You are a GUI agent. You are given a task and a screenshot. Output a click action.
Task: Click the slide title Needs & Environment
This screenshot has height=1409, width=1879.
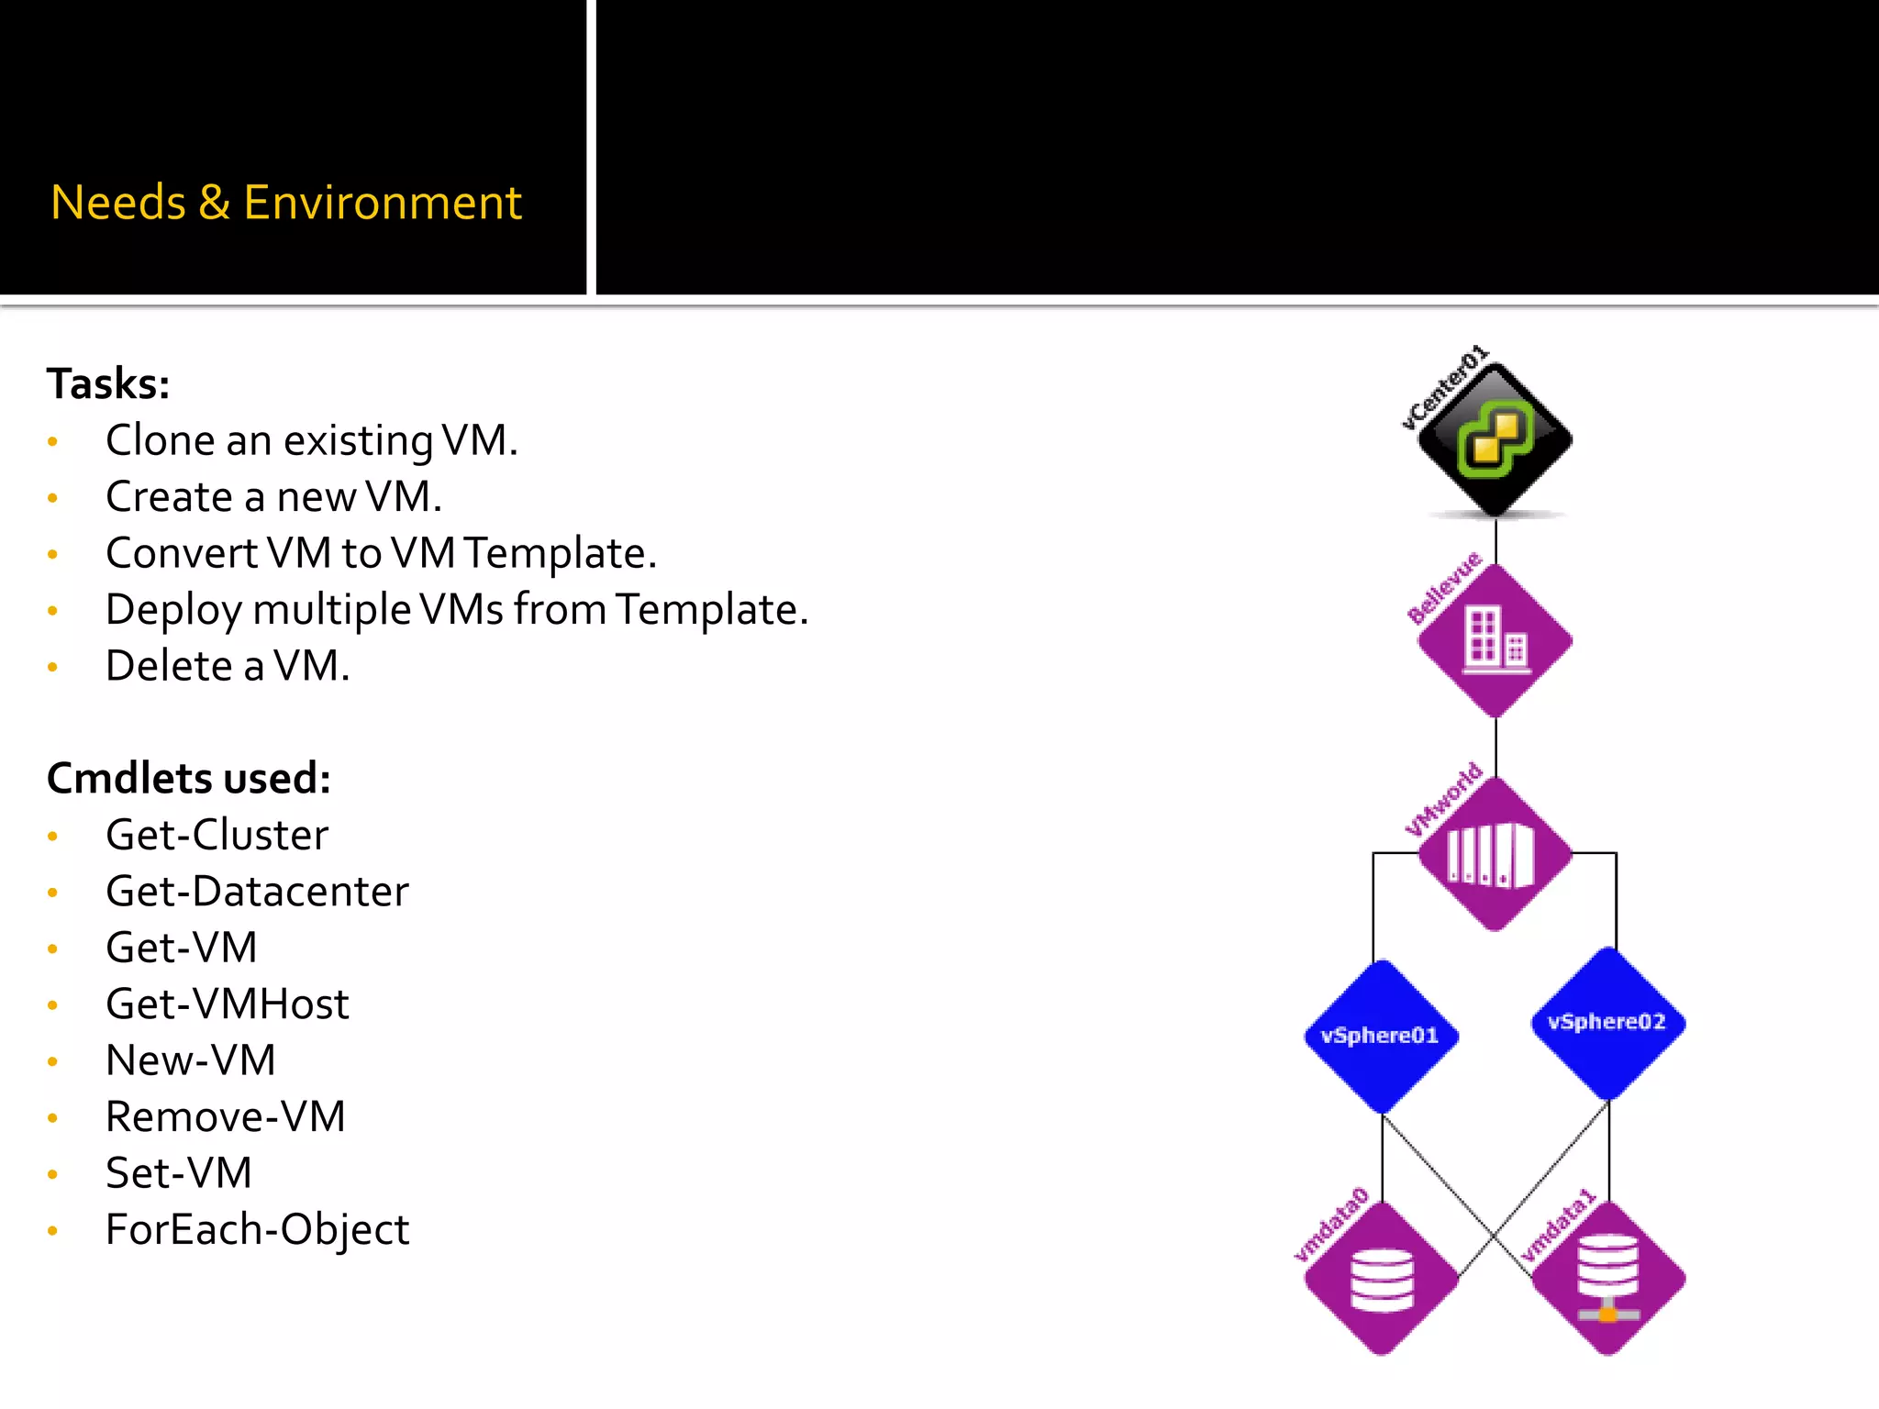point(285,203)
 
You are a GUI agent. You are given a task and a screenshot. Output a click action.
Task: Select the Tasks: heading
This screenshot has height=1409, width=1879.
point(108,383)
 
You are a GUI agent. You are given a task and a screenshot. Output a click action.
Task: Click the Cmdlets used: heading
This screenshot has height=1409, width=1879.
point(188,778)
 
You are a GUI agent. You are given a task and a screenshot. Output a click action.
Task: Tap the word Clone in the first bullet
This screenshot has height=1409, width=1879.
point(160,440)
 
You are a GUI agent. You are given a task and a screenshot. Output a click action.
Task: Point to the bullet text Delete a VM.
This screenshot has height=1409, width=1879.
point(228,666)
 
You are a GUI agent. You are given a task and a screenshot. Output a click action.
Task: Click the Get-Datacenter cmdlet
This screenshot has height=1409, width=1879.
point(257,892)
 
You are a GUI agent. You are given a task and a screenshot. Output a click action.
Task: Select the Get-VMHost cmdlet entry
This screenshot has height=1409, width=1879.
point(227,1004)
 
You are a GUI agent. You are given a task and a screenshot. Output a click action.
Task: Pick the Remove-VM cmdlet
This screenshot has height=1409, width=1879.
point(225,1117)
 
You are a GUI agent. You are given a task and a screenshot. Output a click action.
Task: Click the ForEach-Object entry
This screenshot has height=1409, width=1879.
point(257,1230)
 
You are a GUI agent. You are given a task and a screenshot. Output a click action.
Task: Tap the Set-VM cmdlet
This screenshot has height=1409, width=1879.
point(178,1173)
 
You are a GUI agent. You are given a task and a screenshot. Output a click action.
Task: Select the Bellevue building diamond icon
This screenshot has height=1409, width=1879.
point(1495,640)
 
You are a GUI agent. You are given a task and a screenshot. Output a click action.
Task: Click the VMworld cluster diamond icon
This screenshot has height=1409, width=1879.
point(1495,854)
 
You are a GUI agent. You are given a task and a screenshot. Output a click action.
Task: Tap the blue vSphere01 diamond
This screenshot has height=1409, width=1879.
point(1381,1037)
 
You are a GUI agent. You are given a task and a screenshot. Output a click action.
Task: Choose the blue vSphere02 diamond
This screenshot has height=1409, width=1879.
point(1608,1023)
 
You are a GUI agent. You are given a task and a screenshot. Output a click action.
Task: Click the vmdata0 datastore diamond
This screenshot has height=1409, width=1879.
point(1381,1279)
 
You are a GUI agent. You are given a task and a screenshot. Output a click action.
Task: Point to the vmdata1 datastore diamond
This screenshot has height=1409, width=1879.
point(1608,1279)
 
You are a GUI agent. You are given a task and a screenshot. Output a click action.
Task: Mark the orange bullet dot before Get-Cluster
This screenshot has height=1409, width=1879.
point(53,837)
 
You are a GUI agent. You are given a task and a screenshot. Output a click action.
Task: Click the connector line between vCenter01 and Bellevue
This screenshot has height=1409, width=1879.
point(1495,541)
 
